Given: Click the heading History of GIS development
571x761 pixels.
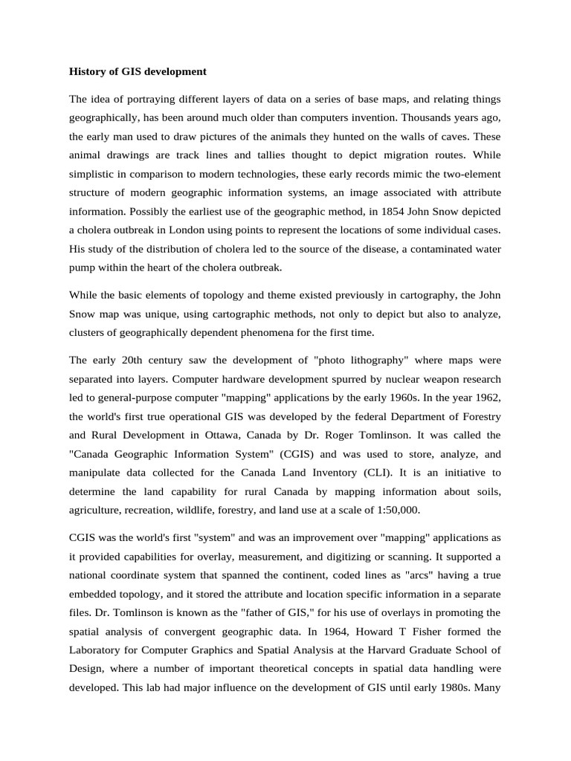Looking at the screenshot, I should pyautogui.click(x=138, y=72).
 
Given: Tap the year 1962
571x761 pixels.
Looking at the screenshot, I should pyautogui.click(x=486, y=397).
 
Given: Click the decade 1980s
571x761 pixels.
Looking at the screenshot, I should pyautogui.click(x=448, y=688).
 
